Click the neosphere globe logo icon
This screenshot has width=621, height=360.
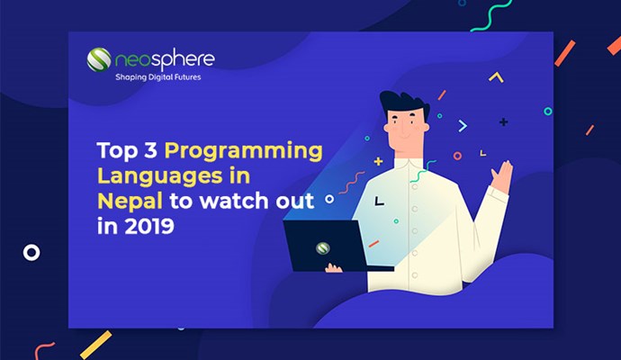tap(99, 59)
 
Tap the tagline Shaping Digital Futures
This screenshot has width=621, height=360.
tap(158, 77)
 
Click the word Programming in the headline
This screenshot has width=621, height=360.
tap(244, 152)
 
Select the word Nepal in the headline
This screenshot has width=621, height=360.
tap(130, 202)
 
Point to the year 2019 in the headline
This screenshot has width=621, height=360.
tap(149, 226)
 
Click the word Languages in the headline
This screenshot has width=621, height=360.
tap(160, 176)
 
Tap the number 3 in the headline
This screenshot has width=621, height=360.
tap(150, 150)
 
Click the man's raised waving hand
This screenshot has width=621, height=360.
tap(502, 176)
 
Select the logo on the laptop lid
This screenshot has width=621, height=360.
tap(323, 248)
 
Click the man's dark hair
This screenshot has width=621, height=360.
tap(403, 103)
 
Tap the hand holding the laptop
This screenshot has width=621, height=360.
tap(333, 268)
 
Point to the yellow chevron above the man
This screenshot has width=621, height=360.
tap(496, 76)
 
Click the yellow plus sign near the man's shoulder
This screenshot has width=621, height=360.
tap(379, 161)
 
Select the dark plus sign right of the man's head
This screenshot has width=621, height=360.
tap(503, 122)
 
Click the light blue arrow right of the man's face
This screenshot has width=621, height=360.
tap(463, 126)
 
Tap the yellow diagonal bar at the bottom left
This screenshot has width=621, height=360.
tap(95, 345)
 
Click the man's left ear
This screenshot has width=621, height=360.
tap(387, 129)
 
